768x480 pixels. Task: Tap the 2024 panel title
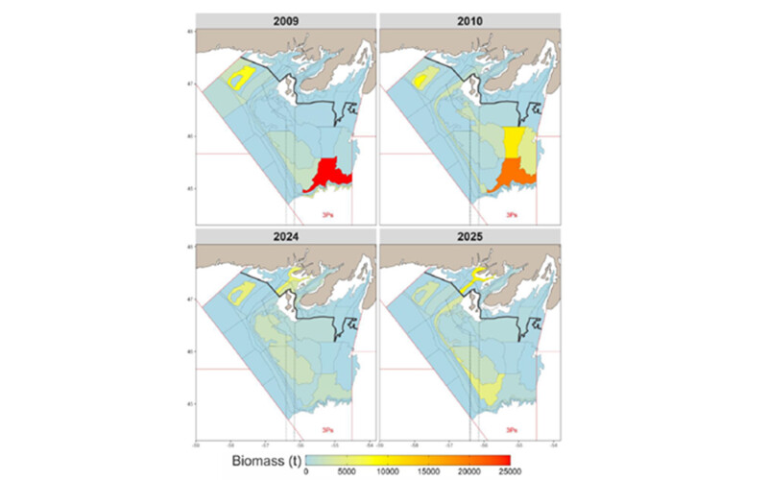tap(285, 234)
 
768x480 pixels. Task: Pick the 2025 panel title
tap(469, 234)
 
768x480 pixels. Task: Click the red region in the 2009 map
tap(329, 176)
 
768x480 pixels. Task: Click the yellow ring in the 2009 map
tap(240, 78)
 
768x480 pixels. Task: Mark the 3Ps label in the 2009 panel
tap(328, 214)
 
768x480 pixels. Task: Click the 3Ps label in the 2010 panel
tap(513, 214)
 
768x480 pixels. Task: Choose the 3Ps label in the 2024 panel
tap(328, 428)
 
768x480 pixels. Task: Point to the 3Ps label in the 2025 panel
tap(513, 428)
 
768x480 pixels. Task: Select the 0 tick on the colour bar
tap(306, 471)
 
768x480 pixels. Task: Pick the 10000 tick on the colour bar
tap(388, 471)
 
